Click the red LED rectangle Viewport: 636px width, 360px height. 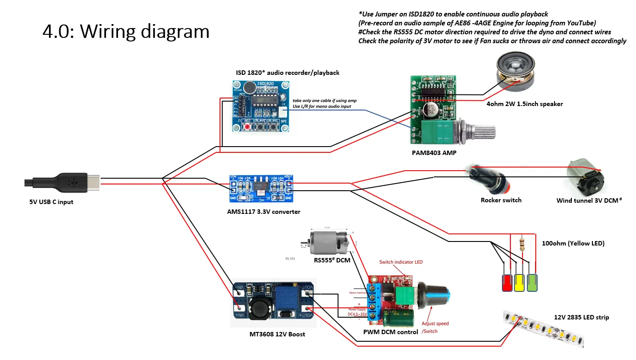click(507, 283)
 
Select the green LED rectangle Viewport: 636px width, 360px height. click(532, 283)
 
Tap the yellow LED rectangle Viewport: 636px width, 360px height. click(519, 283)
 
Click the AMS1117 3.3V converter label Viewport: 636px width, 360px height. click(264, 212)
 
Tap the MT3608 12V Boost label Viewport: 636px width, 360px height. click(277, 334)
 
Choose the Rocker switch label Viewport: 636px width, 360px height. click(501, 200)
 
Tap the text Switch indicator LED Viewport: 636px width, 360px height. click(401, 262)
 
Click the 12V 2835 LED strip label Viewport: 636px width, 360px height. click(581, 317)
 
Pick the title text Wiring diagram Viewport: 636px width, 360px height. click(126, 31)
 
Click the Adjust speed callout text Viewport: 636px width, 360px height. click(435, 324)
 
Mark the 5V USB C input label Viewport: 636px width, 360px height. click(51, 202)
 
